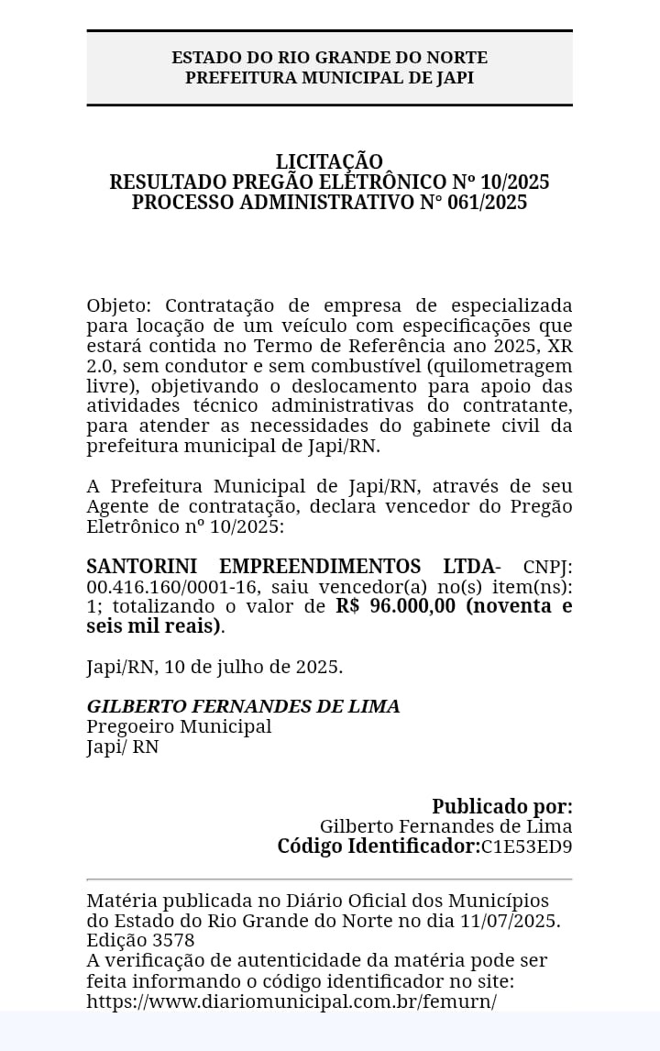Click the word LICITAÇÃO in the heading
pyautogui.click(x=329, y=161)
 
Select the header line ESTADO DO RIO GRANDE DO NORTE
pyautogui.click(x=329, y=58)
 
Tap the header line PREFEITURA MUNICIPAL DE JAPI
pyautogui.click(x=329, y=78)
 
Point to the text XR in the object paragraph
pyautogui.click(x=560, y=346)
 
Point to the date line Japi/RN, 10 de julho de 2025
pyautogui.click(x=214, y=667)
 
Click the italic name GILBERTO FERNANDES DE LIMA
pyautogui.click(x=243, y=706)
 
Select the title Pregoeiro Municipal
pyautogui.click(x=179, y=726)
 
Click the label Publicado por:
pyautogui.click(x=502, y=806)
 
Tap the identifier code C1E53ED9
pyautogui.click(x=527, y=846)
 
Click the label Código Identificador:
pyautogui.click(x=379, y=846)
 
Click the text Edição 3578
pyautogui.click(x=140, y=940)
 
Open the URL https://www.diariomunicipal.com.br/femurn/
pyautogui.click(x=291, y=1001)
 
